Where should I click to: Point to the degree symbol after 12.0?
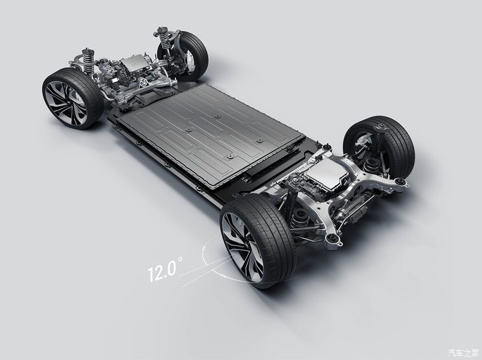click(180, 259)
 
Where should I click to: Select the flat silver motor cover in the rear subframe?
click(327, 174)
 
